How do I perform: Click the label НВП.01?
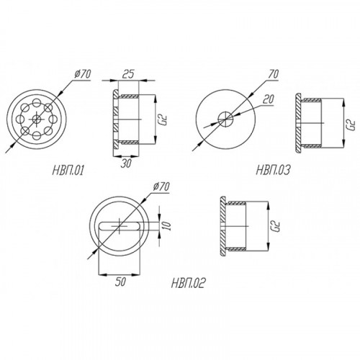pyautogui.click(x=68, y=171)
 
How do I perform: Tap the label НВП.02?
pyautogui.click(x=188, y=283)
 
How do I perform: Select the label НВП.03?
pyautogui.click(x=273, y=170)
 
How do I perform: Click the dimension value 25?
pyautogui.click(x=128, y=74)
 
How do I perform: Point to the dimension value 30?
pyautogui.click(x=126, y=163)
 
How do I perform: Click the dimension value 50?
pyautogui.click(x=120, y=282)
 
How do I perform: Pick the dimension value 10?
pyautogui.click(x=168, y=226)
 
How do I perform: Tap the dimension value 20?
pyautogui.click(x=268, y=99)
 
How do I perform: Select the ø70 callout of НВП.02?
pyautogui.click(x=161, y=187)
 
